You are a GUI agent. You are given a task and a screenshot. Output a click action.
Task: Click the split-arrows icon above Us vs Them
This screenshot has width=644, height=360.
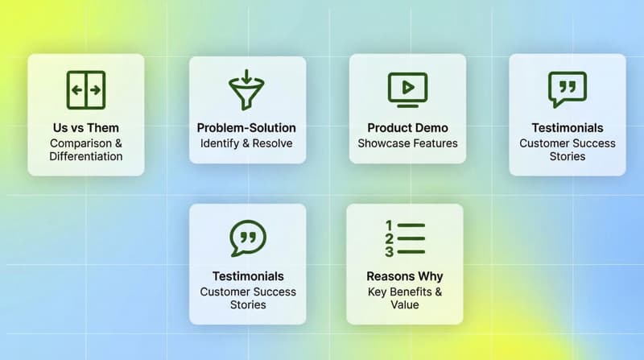point(86,90)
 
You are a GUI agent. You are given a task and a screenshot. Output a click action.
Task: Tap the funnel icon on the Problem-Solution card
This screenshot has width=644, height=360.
point(247,90)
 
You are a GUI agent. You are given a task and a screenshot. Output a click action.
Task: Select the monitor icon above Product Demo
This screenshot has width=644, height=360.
point(407,89)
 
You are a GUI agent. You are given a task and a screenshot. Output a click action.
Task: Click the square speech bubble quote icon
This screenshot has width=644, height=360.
point(568,89)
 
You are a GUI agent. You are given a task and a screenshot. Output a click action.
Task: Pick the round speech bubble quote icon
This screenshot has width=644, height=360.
point(248,239)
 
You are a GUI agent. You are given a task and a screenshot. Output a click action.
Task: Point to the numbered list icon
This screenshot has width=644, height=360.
point(405,239)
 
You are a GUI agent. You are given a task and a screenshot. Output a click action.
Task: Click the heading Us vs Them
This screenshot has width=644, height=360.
point(86,128)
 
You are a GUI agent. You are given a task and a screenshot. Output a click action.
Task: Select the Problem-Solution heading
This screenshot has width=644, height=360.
point(246,128)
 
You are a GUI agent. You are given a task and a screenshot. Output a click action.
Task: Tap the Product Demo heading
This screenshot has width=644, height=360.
point(407,128)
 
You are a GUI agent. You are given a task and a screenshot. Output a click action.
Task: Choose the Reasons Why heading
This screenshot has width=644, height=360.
point(405,277)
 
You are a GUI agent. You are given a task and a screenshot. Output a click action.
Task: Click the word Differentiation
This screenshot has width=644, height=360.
point(86,156)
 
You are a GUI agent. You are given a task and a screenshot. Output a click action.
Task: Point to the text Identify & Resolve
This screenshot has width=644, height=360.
point(246,143)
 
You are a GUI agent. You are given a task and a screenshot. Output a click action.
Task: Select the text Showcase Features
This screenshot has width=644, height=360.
point(407,143)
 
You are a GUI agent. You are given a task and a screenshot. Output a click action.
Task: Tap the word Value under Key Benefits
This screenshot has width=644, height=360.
point(405,305)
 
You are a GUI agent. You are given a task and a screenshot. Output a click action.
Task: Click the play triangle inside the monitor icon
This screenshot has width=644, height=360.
point(407,85)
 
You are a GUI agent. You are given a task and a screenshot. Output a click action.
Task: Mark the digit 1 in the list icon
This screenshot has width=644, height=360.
point(389,226)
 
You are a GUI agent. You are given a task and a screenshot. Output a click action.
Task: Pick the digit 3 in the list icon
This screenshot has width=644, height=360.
point(389,252)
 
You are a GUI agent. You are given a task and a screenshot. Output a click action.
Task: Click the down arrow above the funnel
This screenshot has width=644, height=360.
point(247,77)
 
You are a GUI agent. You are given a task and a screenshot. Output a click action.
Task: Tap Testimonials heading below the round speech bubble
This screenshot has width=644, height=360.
point(248,277)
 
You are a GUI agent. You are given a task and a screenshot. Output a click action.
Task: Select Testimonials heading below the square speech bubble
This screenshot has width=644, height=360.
point(568,128)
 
